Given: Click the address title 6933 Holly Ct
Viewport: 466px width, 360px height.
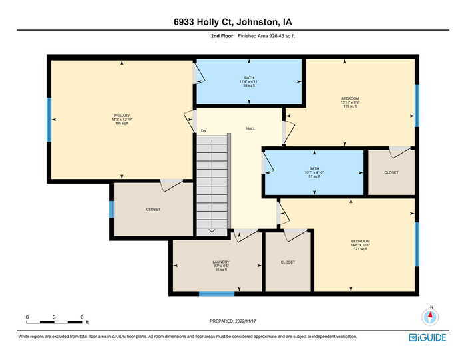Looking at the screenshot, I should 232,21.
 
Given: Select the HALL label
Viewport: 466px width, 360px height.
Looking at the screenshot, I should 250,128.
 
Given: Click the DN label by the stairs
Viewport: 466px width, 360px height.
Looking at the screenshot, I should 204,131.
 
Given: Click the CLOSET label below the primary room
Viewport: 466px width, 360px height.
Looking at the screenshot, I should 153,210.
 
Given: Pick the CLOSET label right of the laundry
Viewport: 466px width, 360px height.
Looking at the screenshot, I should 288,262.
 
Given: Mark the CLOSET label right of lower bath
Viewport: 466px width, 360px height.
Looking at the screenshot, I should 391,172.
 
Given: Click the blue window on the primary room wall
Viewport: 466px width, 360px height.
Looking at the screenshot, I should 49,120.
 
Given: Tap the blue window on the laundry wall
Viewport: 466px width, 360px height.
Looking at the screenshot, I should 216,293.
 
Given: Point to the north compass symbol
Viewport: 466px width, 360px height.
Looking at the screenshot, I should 431,316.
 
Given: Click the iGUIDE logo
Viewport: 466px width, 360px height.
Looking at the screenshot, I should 427,337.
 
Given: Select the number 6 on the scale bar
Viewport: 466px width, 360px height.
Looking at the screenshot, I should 81,317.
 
